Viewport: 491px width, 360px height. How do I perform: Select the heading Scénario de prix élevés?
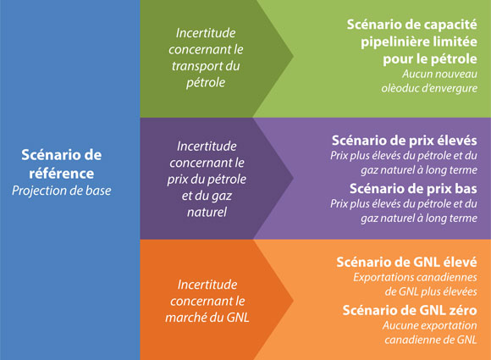pos(405,141)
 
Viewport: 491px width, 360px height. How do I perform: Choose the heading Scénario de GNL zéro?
pos(411,310)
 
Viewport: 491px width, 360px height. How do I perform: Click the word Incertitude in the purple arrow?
pos(207,145)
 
